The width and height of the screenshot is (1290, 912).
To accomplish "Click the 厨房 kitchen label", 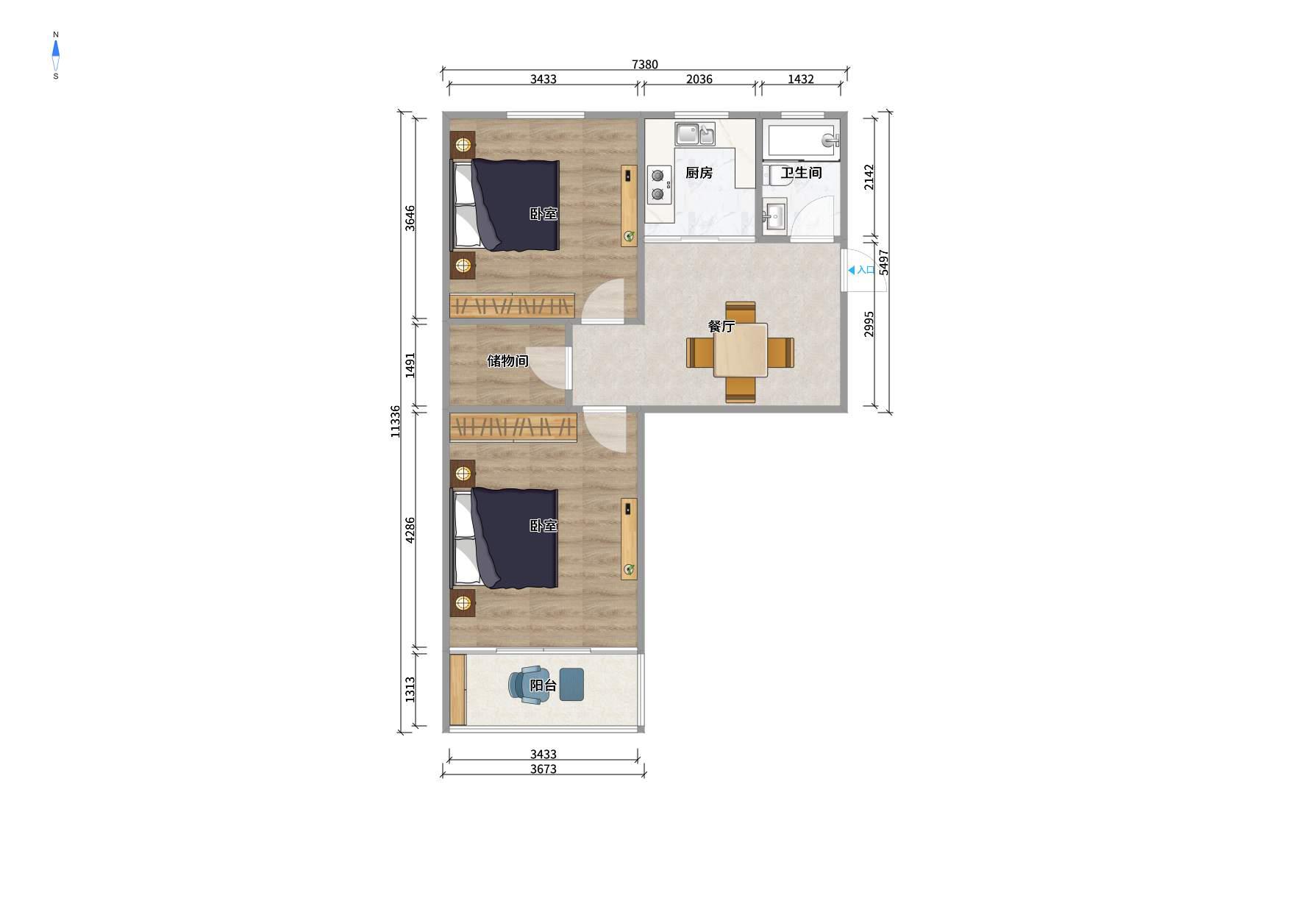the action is [699, 173].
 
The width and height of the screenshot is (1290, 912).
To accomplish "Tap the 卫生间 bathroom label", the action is [801, 173].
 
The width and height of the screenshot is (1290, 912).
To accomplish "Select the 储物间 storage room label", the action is [507, 361].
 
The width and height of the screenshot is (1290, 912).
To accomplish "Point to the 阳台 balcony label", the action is [544, 686].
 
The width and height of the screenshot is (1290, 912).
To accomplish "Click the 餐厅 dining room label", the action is [721, 327].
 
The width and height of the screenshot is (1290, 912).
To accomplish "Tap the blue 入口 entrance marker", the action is [861, 270].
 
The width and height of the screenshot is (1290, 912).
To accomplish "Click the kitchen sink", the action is [696, 134].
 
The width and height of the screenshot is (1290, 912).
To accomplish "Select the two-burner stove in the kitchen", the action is [659, 185].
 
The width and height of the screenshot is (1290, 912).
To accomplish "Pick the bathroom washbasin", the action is [774, 215].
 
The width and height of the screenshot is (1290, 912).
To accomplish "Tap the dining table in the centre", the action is [741, 351].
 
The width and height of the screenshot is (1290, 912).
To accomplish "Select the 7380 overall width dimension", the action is [645, 65].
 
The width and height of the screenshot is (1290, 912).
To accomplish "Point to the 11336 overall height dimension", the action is [396, 421].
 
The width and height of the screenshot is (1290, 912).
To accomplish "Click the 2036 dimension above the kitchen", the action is [699, 79].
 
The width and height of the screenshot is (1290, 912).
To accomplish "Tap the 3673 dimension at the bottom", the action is [544, 769].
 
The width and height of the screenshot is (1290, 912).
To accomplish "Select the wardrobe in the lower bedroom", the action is [513, 428].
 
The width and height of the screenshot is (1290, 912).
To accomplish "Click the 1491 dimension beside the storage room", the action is [410, 365].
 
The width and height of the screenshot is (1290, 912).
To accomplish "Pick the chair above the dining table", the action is [741, 312].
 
